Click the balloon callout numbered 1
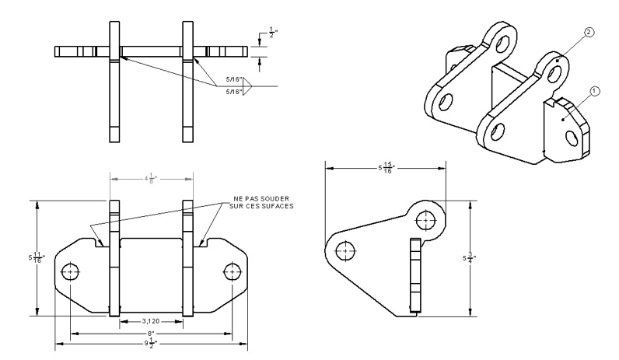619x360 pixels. [x=594, y=91]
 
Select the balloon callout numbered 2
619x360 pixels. [x=588, y=33]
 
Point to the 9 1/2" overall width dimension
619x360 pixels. [x=152, y=342]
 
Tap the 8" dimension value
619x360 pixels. [x=152, y=332]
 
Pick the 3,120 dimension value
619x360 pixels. [x=152, y=321]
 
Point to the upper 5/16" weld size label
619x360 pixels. [x=231, y=78]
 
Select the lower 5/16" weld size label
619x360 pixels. [x=231, y=92]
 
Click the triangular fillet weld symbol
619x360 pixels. [x=250, y=85]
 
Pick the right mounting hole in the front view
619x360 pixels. [x=233, y=272]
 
